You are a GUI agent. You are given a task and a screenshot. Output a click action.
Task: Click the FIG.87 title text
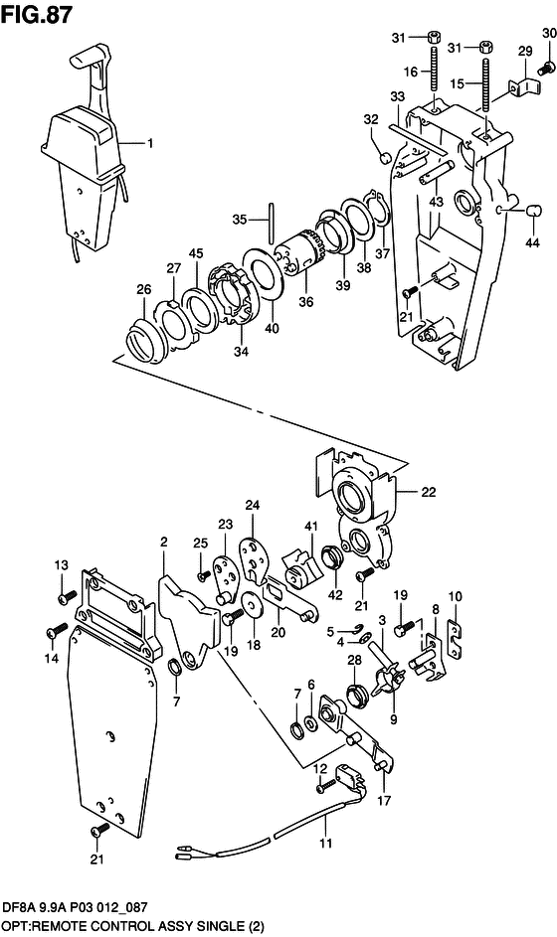coord(37,13)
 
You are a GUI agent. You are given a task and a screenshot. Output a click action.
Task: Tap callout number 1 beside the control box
coord(149,143)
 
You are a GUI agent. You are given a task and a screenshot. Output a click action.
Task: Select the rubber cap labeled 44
coord(533,211)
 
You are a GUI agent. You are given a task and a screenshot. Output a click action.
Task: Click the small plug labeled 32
coord(386,158)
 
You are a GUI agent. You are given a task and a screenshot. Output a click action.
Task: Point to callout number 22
coord(429,493)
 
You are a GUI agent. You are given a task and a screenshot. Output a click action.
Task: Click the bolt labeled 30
coord(546,70)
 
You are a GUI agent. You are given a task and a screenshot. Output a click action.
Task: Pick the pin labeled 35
coord(272,222)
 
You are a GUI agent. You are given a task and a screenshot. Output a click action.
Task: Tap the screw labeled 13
coord(67,597)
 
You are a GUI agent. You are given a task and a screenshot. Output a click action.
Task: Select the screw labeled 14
coord(56,631)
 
